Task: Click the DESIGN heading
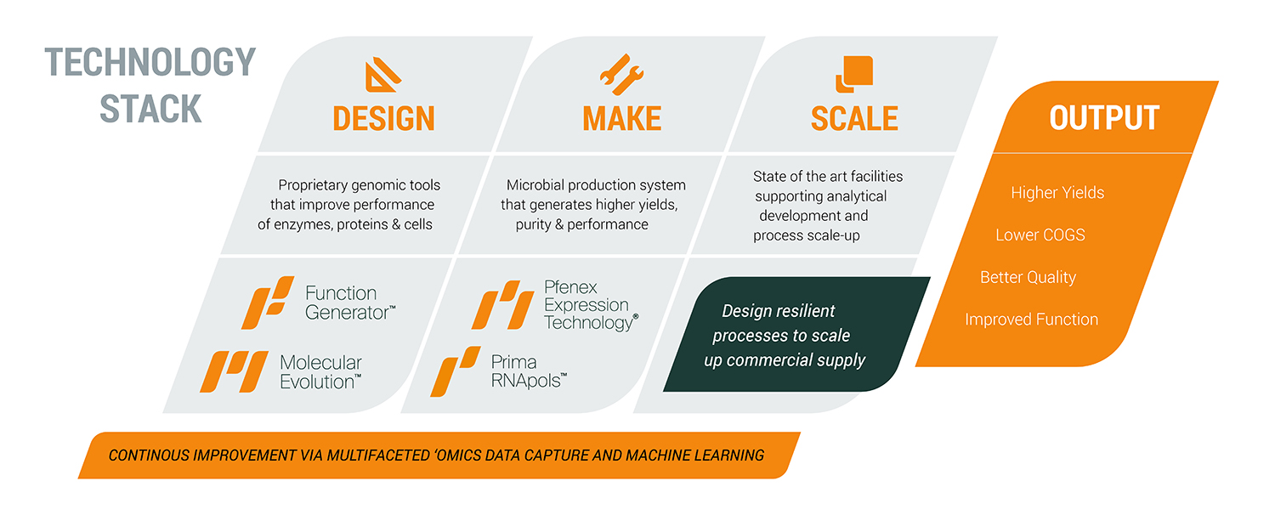click(383, 118)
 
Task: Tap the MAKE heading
click(621, 118)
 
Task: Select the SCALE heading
click(854, 118)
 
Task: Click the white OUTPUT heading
click(1104, 118)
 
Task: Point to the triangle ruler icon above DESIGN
click(382, 75)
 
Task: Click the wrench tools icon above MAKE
click(621, 74)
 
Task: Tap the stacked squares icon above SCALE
click(853, 74)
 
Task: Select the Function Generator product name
click(349, 303)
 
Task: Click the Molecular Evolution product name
click(320, 372)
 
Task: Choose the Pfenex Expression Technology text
click(591, 305)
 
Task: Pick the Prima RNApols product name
click(529, 371)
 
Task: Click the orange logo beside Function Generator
click(268, 303)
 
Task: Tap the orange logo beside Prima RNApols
click(456, 371)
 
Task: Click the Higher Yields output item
click(1057, 193)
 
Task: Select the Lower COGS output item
click(1040, 235)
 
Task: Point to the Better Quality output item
click(1028, 277)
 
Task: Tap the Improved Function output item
click(1031, 320)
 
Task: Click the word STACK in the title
click(150, 109)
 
